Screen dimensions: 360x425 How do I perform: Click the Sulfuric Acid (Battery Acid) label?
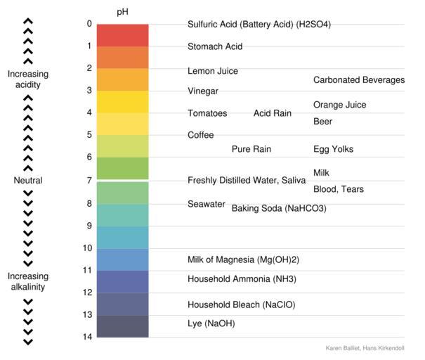click(259, 25)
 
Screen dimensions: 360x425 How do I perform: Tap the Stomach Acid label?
click(215, 47)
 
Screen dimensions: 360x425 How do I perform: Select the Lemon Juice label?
click(212, 71)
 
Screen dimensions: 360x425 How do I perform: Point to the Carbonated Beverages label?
click(358, 80)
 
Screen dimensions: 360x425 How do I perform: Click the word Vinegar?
click(203, 91)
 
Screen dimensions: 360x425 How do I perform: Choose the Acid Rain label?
click(272, 113)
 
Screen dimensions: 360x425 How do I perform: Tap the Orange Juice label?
click(339, 105)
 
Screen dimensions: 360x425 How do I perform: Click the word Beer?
click(322, 122)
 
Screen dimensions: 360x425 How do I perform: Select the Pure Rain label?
click(251, 149)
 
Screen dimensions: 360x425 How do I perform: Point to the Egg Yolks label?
click(333, 149)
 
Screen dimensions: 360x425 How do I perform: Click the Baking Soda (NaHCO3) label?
click(279, 209)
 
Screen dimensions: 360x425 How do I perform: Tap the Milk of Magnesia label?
click(240, 259)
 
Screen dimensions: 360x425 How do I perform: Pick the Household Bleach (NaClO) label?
click(241, 304)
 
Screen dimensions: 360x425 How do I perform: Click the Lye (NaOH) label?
click(211, 323)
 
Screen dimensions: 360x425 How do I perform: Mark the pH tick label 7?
click(89, 181)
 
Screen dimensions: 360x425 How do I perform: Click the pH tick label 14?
click(87, 337)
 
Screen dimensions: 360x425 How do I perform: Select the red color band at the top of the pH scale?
click(122, 35)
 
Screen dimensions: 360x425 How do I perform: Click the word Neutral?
click(28, 181)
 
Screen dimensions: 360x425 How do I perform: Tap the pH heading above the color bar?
click(122, 13)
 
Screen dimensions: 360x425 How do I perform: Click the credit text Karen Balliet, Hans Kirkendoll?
click(369, 348)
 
